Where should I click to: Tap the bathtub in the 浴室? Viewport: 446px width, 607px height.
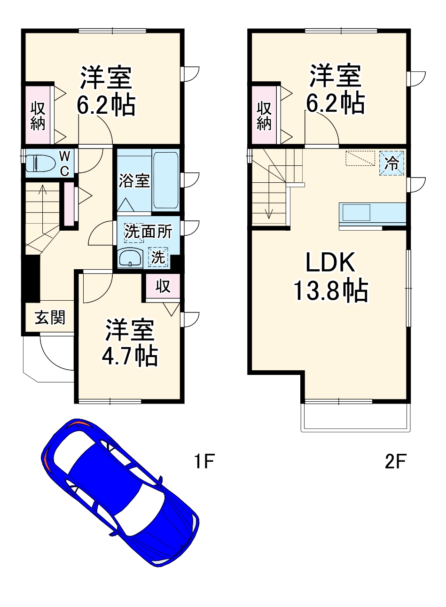tap(166, 180)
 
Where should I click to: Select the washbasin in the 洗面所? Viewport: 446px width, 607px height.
tap(130, 258)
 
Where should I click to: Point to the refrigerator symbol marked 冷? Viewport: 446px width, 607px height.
tap(391, 163)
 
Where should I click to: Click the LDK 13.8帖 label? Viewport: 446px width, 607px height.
tap(330, 278)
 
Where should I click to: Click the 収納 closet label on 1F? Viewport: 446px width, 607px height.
tap(38, 115)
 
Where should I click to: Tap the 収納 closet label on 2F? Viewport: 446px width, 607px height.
tap(265, 115)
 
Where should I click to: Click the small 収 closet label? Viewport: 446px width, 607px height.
tap(163, 286)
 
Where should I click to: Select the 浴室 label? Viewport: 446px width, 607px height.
tap(134, 180)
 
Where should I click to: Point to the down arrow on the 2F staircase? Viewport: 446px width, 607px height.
tap(269, 214)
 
